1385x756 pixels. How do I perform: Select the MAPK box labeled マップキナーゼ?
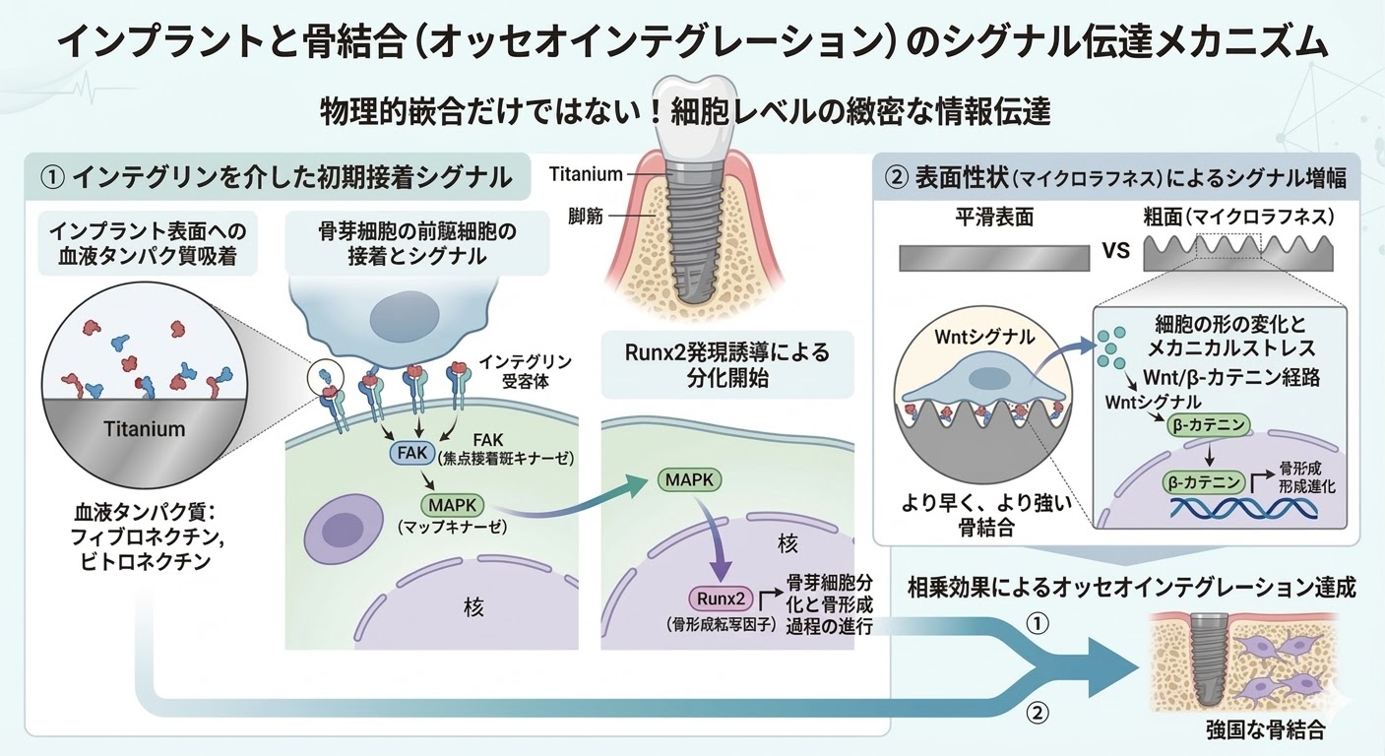pyautogui.click(x=452, y=505)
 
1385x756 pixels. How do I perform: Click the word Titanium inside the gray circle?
pyautogui.click(x=146, y=429)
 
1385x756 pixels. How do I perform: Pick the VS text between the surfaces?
pyautogui.click(x=1115, y=249)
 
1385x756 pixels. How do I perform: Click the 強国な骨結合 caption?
pyautogui.click(x=1265, y=731)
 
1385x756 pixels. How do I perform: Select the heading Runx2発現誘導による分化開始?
pyautogui.click(x=726, y=364)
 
